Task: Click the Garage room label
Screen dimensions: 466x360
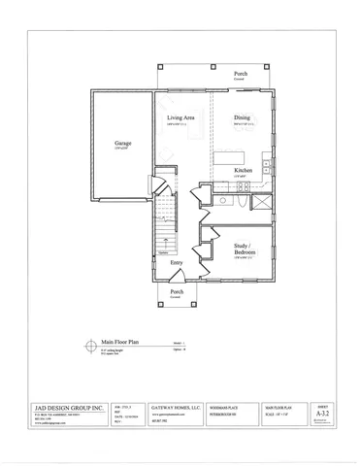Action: coord(122,143)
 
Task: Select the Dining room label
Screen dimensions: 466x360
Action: coord(243,117)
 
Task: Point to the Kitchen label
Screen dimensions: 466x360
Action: coord(245,171)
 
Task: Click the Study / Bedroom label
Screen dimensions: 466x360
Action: coord(245,249)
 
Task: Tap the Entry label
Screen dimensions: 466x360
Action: coord(177,263)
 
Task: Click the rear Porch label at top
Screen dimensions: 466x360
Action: coord(240,74)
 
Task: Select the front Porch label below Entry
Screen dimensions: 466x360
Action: coord(177,291)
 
